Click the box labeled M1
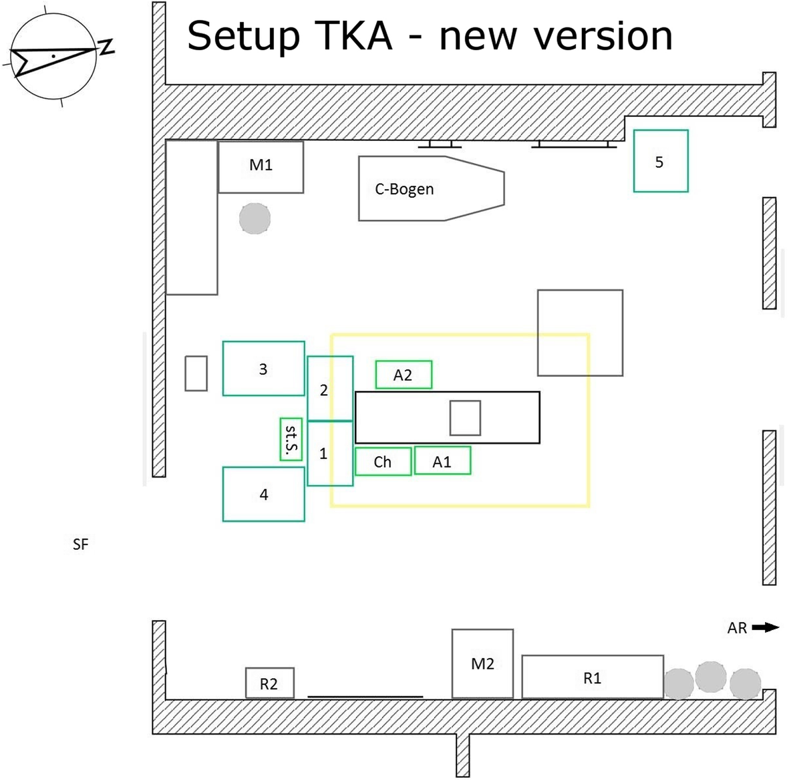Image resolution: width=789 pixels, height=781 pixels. coord(261,166)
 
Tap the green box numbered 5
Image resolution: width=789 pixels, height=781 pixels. coord(660,161)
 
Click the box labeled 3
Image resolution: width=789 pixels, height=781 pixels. coord(263,368)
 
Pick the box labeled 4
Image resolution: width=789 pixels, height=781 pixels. coord(263,494)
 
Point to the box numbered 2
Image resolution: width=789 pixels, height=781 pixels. coord(329,389)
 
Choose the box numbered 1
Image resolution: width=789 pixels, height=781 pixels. coord(329,453)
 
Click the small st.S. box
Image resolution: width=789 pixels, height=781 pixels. coord(291,439)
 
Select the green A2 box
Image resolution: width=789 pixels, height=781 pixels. coord(404,375)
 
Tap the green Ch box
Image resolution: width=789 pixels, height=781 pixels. coord(382,461)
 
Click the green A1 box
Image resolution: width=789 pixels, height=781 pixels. coord(442,460)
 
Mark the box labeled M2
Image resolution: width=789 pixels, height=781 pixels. coord(482,663)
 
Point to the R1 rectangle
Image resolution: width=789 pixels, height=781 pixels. coord(592,677)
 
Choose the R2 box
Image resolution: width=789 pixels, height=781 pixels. coord(269,683)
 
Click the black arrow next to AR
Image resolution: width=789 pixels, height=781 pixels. coord(765,627)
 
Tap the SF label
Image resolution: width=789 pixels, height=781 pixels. coord(80,544)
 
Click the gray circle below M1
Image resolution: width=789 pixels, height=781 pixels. coord(255,218)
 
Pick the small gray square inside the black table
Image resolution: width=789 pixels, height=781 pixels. coord(464,418)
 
